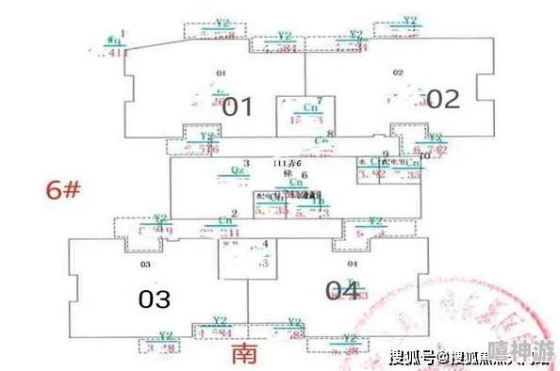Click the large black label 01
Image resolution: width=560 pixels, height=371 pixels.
pyautogui.click(x=237, y=106)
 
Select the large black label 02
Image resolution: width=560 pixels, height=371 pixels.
pyautogui.click(x=442, y=99)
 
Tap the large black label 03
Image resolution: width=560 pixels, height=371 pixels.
pyautogui.click(x=154, y=299)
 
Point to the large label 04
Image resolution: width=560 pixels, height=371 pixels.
pyautogui.click(x=341, y=291)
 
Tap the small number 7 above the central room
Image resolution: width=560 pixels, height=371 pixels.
pyautogui.click(x=320, y=100)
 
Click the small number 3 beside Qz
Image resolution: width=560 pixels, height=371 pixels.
pyautogui.click(x=246, y=163)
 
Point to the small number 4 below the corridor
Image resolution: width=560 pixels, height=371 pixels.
pyautogui.click(x=265, y=244)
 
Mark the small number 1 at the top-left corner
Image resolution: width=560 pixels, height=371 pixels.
pyautogui.click(x=124, y=34)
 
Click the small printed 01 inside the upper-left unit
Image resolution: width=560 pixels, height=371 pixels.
pyautogui.click(x=222, y=73)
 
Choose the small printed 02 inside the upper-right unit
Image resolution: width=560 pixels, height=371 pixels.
pyautogui.click(x=398, y=73)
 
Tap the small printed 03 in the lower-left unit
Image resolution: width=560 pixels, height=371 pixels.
pyautogui.click(x=145, y=265)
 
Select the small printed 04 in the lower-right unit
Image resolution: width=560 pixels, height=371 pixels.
pyautogui.click(x=352, y=265)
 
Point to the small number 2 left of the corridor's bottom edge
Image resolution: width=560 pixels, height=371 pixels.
pyautogui.click(x=234, y=214)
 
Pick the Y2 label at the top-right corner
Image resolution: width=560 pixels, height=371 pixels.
pyautogui.click(x=409, y=20)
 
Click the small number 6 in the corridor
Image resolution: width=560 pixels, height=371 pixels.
pyautogui.click(x=305, y=175)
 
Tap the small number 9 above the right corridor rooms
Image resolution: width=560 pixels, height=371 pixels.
pyautogui.click(x=386, y=153)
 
